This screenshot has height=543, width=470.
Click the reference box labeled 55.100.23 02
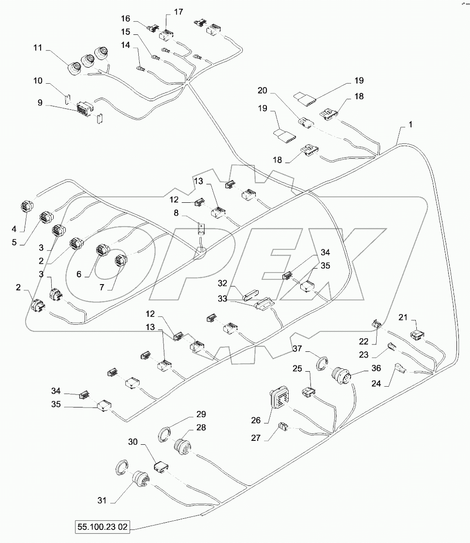(x=102, y=527)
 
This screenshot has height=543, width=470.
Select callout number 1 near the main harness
(x=410, y=124)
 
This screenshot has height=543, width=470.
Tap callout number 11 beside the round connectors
(x=38, y=48)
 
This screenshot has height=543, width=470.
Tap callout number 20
(x=262, y=90)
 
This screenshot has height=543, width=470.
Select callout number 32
(x=222, y=283)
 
